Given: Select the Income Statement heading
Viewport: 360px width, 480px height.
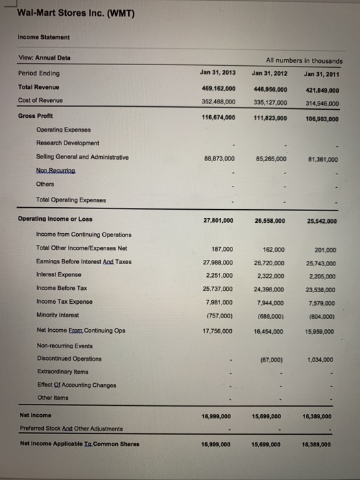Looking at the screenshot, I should [x=44, y=37].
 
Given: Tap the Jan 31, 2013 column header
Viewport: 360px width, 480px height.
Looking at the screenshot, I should [x=217, y=72].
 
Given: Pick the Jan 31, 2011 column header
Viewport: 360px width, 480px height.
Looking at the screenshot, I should [x=319, y=73].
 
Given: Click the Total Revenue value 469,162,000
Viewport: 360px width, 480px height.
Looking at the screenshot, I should [x=219, y=88].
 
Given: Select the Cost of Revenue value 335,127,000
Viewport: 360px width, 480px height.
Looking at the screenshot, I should [x=269, y=102].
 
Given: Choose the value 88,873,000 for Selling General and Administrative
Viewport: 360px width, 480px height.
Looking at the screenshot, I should [x=219, y=158].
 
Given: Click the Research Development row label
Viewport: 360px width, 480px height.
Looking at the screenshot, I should [x=67, y=143].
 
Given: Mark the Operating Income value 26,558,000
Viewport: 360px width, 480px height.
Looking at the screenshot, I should [x=269, y=221].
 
